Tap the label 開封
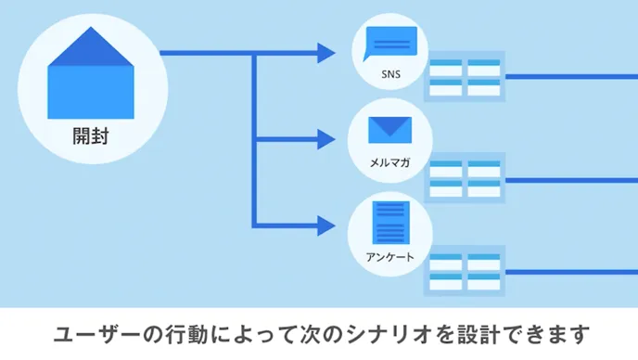(90, 135)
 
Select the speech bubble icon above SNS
(389, 42)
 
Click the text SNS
(389, 75)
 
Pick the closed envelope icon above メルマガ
(389, 130)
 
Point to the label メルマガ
(389, 162)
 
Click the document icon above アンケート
(389, 221)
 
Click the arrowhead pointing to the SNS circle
(325, 54)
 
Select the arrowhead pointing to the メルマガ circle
(325, 141)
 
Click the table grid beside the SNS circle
(465, 76)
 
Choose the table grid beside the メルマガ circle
(465, 176)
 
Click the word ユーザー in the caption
(99, 332)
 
